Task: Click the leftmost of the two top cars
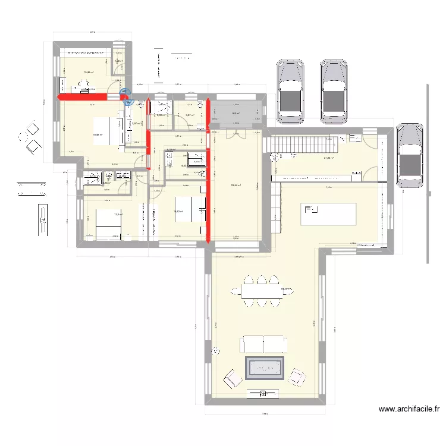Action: (290, 90)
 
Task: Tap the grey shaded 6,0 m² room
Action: (235, 112)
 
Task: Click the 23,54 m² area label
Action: (235, 186)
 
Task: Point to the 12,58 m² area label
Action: (89, 72)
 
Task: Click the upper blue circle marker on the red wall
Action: (124, 92)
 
